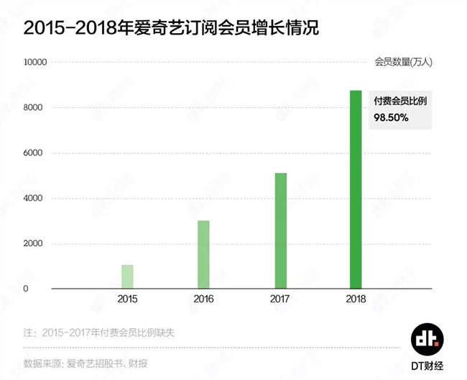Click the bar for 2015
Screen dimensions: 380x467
click(x=127, y=277)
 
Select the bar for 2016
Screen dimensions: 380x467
click(x=203, y=255)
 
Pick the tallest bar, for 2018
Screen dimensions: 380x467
click(x=356, y=190)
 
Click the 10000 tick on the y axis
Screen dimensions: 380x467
click(x=35, y=63)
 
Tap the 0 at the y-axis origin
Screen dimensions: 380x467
click(x=45, y=289)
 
